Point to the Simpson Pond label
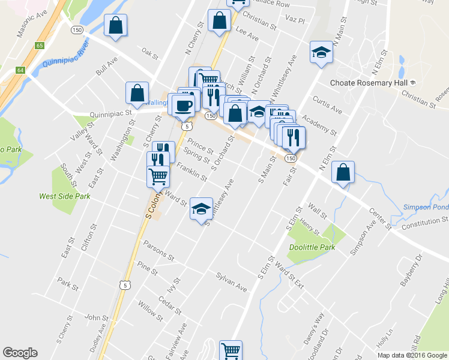(x=425, y=206)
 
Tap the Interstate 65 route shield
(x=40, y=45)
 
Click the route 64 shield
(x=20, y=70)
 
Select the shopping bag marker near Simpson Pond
(x=342, y=172)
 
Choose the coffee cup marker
(x=183, y=105)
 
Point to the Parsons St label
(x=158, y=251)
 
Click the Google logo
(x=20, y=352)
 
